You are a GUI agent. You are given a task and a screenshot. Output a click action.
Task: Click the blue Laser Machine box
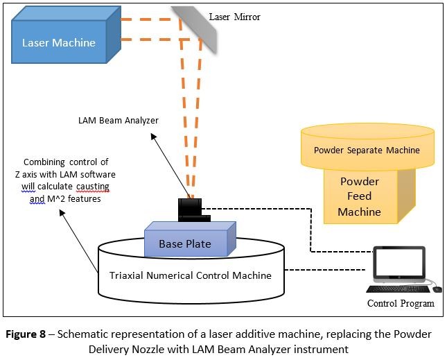click(x=59, y=42)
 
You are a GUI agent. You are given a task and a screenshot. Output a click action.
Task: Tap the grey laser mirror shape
click(x=196, y=28)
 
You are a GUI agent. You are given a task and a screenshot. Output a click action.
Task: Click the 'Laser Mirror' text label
click(x=235, y=17)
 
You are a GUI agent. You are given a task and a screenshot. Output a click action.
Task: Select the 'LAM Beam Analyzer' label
click(x=119, y=121)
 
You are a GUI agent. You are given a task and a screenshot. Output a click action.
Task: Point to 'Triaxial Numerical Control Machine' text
click(x=191, y=275)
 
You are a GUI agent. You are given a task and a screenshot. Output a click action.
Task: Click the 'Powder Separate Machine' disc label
click(x=367, y=150)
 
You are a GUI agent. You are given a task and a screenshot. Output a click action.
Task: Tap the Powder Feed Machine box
click(x=359, y=196)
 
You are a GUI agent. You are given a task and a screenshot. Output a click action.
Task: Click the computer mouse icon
click(x=437, y=289)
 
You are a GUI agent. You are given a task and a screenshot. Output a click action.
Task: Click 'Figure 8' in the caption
click(x=30, y=334)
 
